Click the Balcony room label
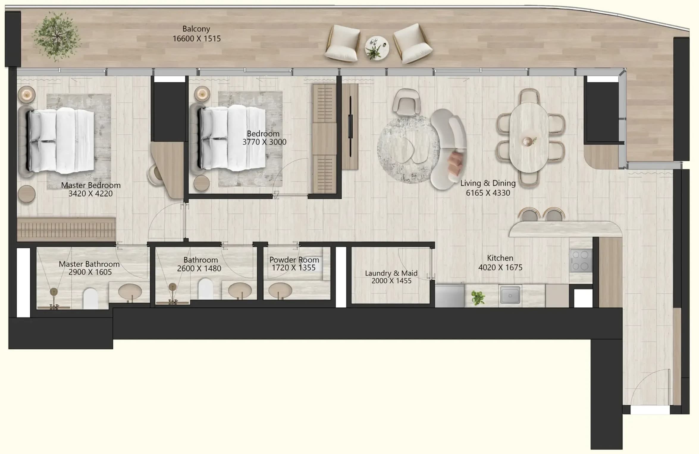pos(196,29)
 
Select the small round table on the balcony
pos(377,48)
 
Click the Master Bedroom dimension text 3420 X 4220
pos(90,194)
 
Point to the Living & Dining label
pos(488,183)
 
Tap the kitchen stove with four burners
pos(581,260)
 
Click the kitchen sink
pos(510,295)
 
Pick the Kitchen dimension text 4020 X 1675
pos(500,268)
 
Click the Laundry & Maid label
pos(391,273)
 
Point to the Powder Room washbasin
pos(280,290)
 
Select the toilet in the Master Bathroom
pos(91,298)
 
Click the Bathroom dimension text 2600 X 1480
pos(199,268)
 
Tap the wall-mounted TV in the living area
pos(350,126)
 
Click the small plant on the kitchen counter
pos(478,298)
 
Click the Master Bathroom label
pos(89,264)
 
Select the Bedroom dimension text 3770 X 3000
pos(264,142)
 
